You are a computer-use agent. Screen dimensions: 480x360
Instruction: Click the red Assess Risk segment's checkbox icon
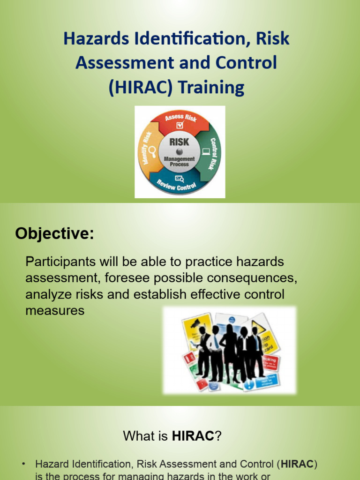click(180, 126)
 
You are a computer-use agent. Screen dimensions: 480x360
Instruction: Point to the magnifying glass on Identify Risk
click(151, 150)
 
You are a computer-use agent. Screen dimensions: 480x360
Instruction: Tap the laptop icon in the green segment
click(205, 151)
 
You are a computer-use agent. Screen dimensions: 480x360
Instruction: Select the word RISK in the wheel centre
click(179, 142)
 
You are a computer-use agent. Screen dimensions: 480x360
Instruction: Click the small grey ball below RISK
click(179, 151)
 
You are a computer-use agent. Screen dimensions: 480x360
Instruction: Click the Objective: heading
click(54, 233)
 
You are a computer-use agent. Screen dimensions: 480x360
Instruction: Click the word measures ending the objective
click(55, 310)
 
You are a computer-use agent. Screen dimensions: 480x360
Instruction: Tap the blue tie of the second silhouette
click(216, 342)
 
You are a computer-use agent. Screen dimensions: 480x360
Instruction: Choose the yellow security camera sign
click(193, 324)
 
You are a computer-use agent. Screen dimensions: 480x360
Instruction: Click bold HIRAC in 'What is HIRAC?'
click(193, 436)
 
